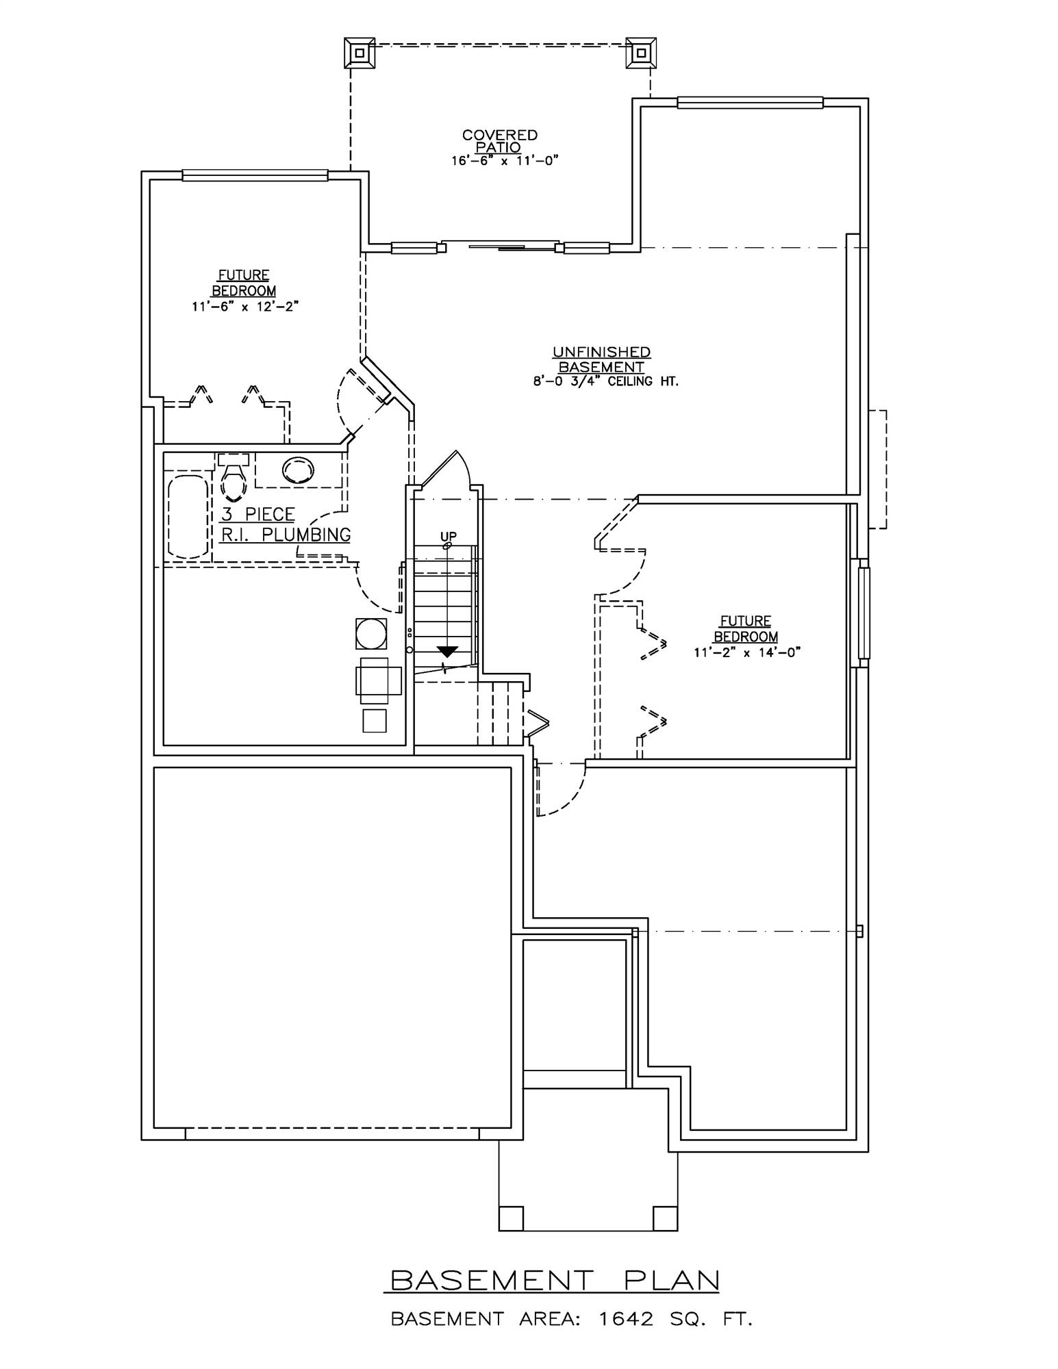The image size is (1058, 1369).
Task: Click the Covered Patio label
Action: (x=499, y=141)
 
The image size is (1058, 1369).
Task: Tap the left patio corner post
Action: (x=359, y=53)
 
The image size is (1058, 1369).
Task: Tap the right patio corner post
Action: (x=641, y=53)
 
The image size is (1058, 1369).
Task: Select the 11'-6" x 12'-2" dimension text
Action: (x=245, y=307)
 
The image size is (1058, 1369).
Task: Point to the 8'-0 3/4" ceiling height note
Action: (x=605, y=382)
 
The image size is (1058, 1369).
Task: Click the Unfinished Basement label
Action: (x=601, y=359)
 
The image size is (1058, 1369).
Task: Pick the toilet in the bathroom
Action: (x=234, y=478)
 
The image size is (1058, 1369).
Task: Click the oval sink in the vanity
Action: (x=299, y=470)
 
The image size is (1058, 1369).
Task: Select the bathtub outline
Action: (x=188, y=517)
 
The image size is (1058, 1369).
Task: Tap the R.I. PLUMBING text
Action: (x=286, y=535)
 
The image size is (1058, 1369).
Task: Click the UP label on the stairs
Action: (x=449, y=536)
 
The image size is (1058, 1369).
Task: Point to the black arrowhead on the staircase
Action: (x=447, y=651)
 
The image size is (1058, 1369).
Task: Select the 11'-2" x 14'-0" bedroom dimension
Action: (x=746, y=652)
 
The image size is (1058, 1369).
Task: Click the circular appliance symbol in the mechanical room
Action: (x=370, y=633)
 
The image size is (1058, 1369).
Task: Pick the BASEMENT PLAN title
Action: (x=552, y=1280)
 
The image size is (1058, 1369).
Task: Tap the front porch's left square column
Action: (x=511, y=1218)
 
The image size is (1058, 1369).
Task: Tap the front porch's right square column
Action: (x=664, y=1218)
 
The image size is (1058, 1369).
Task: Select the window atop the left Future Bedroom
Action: (x=255, y=176)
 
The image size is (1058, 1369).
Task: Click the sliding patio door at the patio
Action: (x=499, y=246)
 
